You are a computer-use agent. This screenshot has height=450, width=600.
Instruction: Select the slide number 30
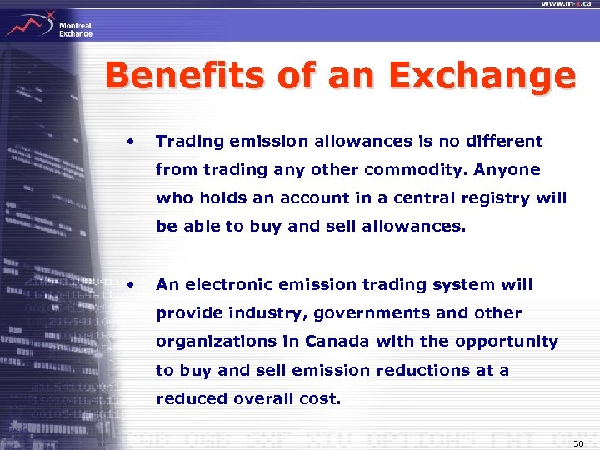578,442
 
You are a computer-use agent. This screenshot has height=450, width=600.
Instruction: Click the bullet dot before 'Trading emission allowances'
130,141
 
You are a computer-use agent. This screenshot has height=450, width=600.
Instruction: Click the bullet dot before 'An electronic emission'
130,284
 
